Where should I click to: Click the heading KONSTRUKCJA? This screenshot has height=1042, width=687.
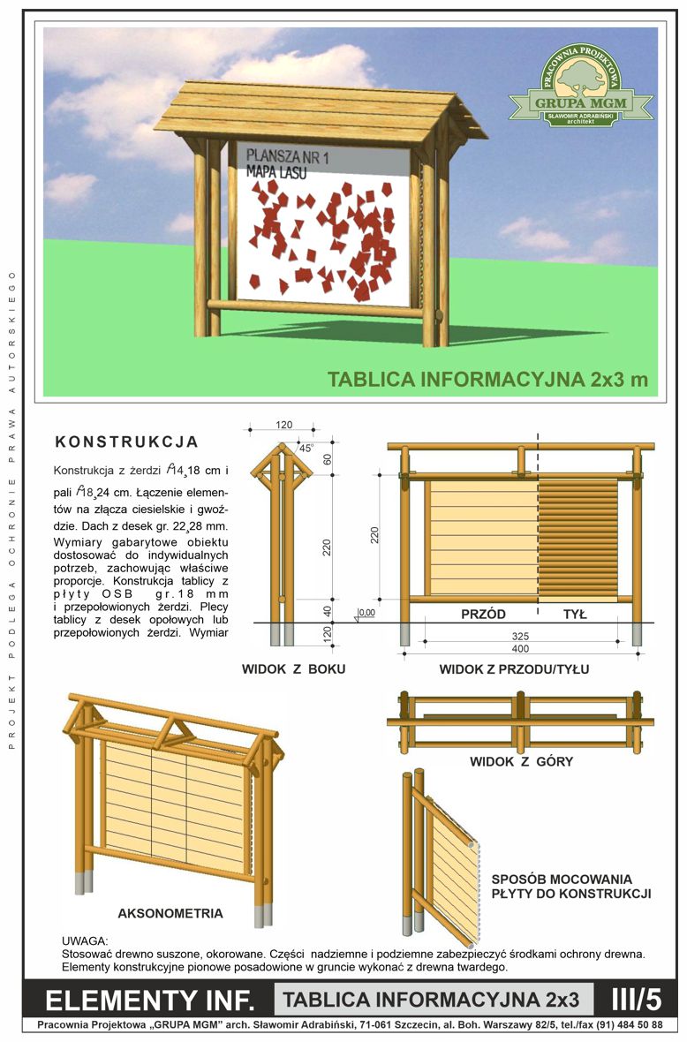click(126, 442)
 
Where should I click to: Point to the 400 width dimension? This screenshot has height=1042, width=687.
click(520, 648)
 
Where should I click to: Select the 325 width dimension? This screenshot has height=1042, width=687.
click(520, 637)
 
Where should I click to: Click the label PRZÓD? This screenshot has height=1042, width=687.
click(483, 614)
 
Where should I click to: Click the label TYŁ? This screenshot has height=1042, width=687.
click(576, 614)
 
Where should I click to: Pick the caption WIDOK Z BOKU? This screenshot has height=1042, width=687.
click(293, 669)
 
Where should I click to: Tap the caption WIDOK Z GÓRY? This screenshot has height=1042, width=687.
click(521, 761)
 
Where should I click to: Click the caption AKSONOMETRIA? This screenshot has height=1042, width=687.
click(170, 913)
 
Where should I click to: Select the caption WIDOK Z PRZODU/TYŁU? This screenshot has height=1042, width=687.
click(514, 669)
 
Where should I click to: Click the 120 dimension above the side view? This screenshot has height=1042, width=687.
click(283, 425)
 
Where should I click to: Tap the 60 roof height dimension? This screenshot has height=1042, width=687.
click(327, 458)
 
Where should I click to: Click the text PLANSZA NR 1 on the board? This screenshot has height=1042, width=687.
click(287, 157)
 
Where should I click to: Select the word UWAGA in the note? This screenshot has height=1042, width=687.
click(85, 941)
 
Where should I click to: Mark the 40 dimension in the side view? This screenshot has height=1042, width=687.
click(327, 611)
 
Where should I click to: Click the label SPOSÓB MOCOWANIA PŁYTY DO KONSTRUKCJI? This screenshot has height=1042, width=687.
click(570, 887)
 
